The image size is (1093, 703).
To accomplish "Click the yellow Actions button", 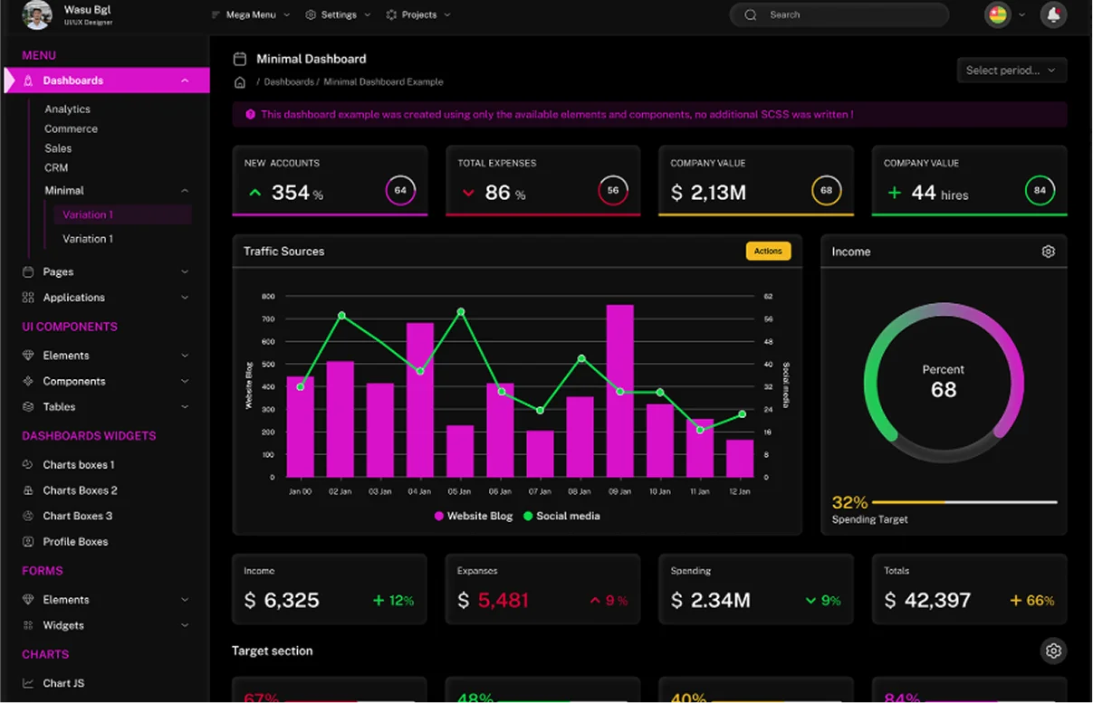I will [768, 252].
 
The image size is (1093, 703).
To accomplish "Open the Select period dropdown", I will [1011, 71].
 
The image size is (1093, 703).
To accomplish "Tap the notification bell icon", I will [1053, 14].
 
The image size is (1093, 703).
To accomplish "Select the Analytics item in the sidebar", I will [68, 109].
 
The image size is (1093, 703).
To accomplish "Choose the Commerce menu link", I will [71, 128].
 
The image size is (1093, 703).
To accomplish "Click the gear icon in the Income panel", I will [1048, 252].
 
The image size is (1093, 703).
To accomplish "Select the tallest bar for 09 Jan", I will [619, 390].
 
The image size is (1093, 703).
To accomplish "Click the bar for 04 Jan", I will [419, 399].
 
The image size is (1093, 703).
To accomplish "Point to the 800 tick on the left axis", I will [268, 297].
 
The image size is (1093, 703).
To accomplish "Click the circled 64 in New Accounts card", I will [400, 191].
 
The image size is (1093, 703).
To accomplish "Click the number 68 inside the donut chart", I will [944, 390].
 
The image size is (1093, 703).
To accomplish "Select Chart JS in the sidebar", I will [63, 683].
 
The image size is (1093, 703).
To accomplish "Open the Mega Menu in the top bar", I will [250, 14].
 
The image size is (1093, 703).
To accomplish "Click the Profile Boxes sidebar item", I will [75, 541].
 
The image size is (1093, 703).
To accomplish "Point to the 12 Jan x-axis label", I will [739, 491].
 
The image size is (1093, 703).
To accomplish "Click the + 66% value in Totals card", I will [1032, 601].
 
